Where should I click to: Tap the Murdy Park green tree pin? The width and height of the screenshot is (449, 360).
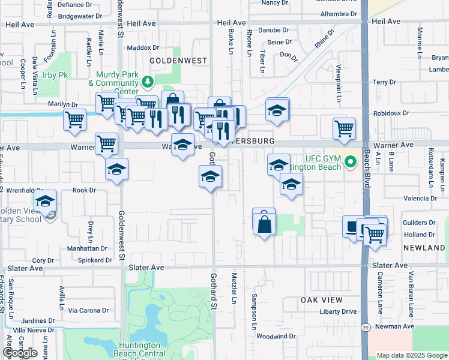tap(146, 81)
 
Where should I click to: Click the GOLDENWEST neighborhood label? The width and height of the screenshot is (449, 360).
tap(178, 61)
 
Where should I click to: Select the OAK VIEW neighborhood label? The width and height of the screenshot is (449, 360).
tap(322, 300)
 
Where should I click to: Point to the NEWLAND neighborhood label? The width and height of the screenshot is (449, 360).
tap(428, 247)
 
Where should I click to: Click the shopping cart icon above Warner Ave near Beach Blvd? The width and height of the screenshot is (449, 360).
tap(344, 128)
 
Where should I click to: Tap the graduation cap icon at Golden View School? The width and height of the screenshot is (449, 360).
tap(45, 202)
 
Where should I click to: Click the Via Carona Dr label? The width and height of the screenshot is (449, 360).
tap(88, 311)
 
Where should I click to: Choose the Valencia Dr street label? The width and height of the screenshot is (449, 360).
tap(420, 198)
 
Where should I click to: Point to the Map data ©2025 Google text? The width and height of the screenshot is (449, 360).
tap(411, 355)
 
